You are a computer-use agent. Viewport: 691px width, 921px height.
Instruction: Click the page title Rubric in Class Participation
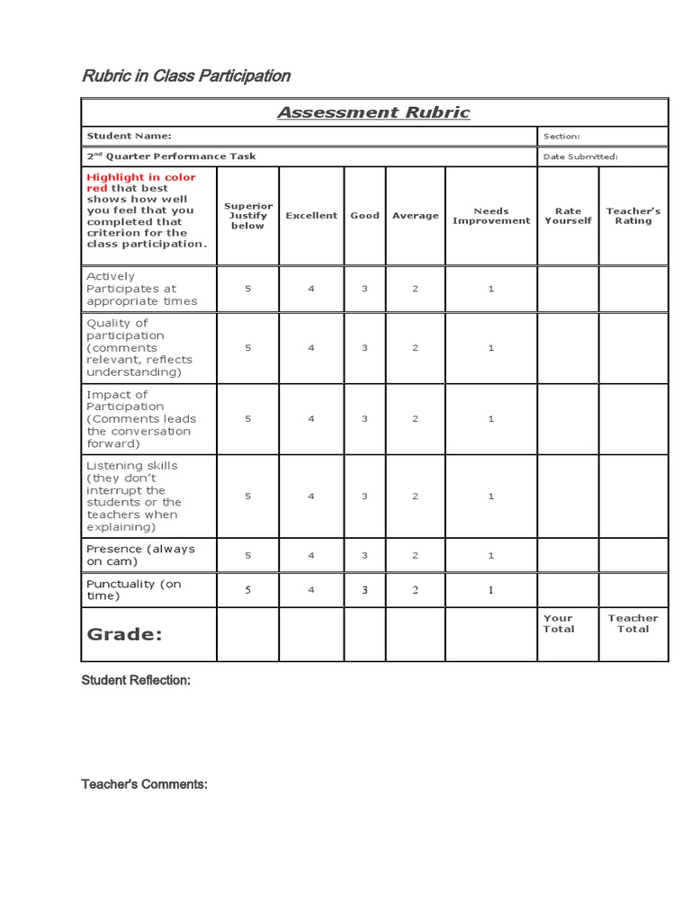(186, 76)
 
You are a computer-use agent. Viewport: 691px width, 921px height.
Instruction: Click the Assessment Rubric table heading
(373, 112)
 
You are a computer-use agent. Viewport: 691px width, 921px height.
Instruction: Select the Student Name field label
(129, 136)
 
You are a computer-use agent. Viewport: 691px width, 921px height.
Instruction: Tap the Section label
(561, 137)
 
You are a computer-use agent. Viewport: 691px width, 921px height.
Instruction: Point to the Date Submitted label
(580, 156)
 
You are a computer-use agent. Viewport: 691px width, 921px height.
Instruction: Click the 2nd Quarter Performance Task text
(171, 156)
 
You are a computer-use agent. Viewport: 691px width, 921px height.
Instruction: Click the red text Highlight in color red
(140, 183)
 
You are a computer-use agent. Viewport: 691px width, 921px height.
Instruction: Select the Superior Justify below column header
(248, 216)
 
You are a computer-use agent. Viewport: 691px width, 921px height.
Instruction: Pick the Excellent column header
(311, 216)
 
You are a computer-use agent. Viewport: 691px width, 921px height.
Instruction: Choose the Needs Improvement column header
(491, 217)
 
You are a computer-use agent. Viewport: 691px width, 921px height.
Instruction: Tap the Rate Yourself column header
(568, 216)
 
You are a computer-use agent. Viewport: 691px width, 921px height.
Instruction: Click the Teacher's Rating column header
(633, 216)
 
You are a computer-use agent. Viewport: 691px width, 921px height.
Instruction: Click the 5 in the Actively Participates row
(248, 289)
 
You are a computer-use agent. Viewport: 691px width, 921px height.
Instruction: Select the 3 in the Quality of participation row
(364, 348)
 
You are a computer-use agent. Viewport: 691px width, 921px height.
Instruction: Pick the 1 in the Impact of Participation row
(491, 419)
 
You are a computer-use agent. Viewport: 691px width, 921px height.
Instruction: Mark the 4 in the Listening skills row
(311, 496)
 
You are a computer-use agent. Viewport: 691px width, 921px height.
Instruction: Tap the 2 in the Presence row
(416, 556)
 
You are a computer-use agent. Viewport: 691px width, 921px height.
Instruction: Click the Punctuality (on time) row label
(133, 590)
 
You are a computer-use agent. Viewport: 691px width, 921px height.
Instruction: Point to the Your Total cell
(558, 623)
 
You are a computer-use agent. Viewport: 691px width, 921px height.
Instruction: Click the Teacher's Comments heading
(144, 784)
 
